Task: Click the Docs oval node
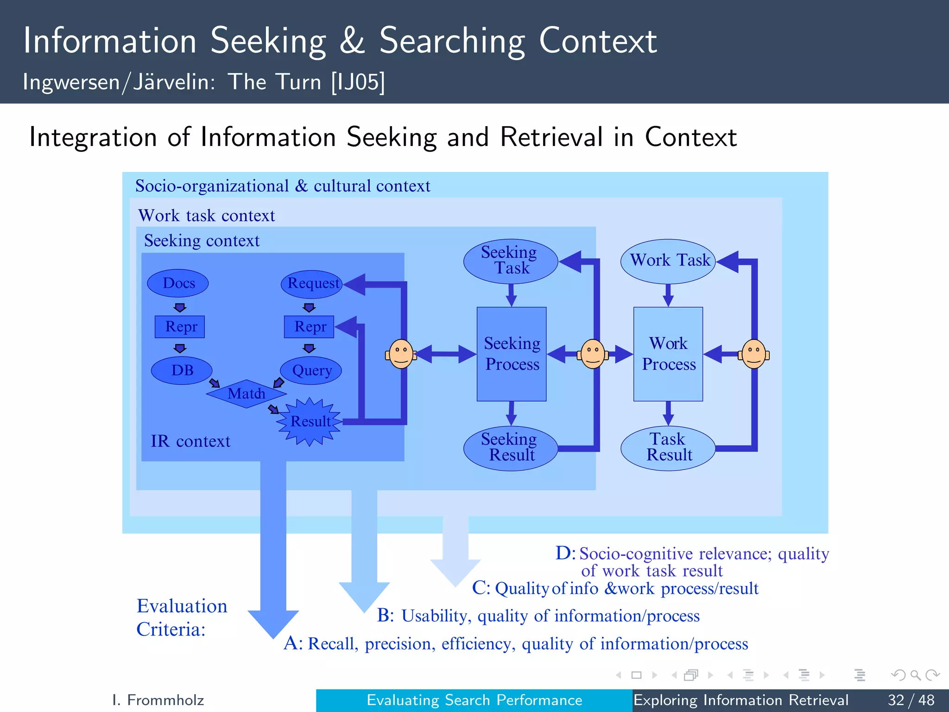178,283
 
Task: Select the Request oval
312,284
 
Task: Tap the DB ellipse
182,370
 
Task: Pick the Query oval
311,370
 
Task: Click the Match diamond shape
246,394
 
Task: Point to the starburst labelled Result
309,421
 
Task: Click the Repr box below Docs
180,327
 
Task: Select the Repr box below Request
309,327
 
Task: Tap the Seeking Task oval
510,261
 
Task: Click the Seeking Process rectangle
512,354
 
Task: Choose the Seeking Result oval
510,447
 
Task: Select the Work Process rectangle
668,354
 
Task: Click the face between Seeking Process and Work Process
593,354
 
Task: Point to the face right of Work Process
753,354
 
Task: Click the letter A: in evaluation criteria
293,643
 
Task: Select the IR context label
190,441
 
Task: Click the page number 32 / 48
911,699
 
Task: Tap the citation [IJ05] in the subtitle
358,82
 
